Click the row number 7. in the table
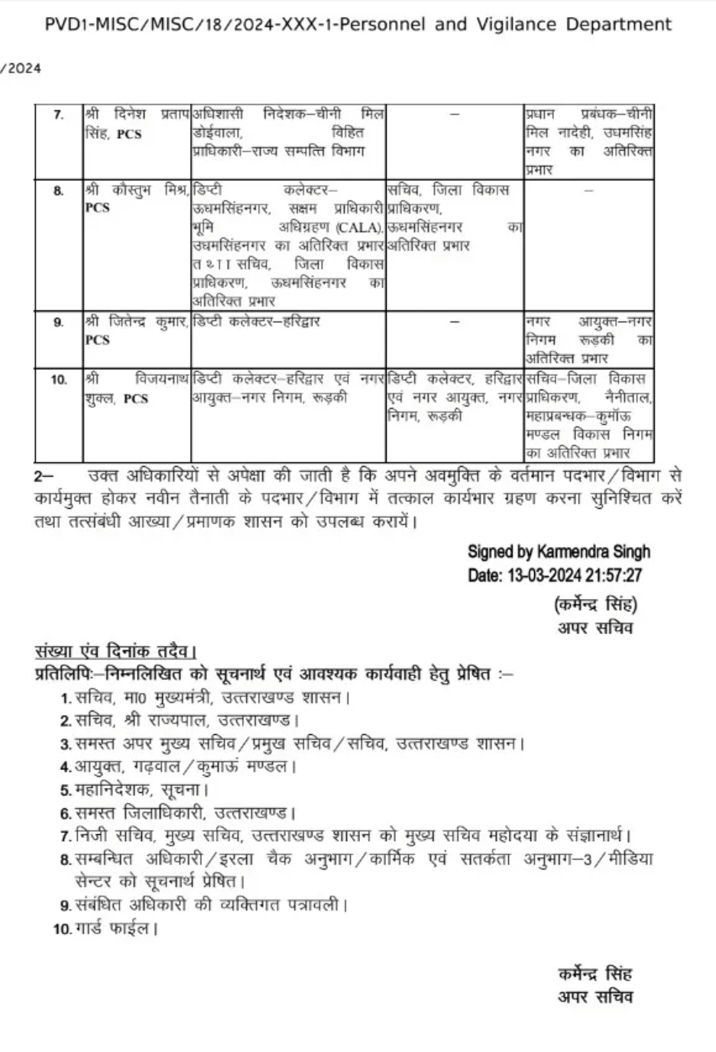click(59, 115)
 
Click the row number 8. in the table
click(59, 190)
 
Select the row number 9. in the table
click(59, 322)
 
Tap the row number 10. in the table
click(59, 380)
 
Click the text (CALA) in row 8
click(358, 227)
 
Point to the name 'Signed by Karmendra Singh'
click(559, 552)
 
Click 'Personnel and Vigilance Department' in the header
click(505, 24)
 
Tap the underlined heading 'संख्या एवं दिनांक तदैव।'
click(115, 652)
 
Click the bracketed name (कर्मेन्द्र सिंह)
click(595, 605)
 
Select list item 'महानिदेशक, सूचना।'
click(142, 790)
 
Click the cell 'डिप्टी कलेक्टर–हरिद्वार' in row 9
click(256, 322)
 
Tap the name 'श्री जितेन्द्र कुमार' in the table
click(136, 322)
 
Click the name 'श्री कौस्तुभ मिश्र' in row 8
click(136, 189)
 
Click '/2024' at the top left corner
click(21, 69)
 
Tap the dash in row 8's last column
click(588, 190)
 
